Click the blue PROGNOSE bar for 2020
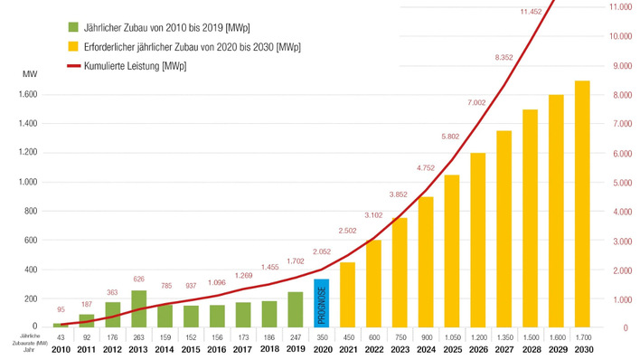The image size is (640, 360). coord(321,303)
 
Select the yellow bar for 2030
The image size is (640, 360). coord(582,204)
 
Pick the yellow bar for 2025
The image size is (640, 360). coord(452,251)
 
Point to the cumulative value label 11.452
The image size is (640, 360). coord(531,12)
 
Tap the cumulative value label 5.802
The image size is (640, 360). coord(452,137)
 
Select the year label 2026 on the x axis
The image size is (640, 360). coord(478,350)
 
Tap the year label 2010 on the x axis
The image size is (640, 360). coord(61,350)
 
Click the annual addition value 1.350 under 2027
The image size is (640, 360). coord(504,336)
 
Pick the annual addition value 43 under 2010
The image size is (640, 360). coord(61,336)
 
